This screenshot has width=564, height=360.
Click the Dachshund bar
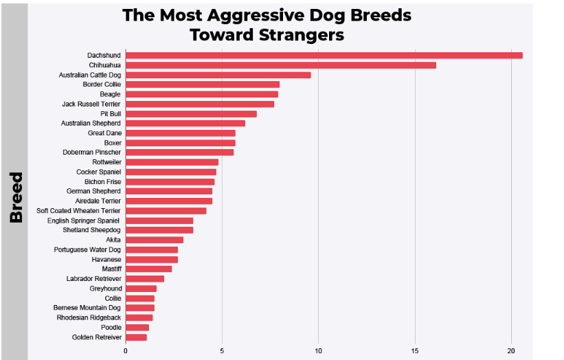324,56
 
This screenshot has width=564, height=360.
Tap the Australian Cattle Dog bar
218,75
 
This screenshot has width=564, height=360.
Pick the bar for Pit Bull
191,114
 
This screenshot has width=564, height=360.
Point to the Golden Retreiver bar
136,337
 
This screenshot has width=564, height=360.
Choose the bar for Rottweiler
172,162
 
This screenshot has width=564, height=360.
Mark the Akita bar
154,240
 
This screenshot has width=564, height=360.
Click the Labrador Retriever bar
144,279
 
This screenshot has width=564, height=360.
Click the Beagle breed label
110,94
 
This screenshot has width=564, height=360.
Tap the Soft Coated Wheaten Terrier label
78,211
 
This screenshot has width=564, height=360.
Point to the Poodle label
111,328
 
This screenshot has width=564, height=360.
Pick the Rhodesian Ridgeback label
89,318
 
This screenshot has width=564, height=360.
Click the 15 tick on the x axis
415,351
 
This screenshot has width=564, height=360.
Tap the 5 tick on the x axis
222,351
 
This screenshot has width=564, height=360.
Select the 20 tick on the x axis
511,351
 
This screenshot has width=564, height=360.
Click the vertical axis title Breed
16,197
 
